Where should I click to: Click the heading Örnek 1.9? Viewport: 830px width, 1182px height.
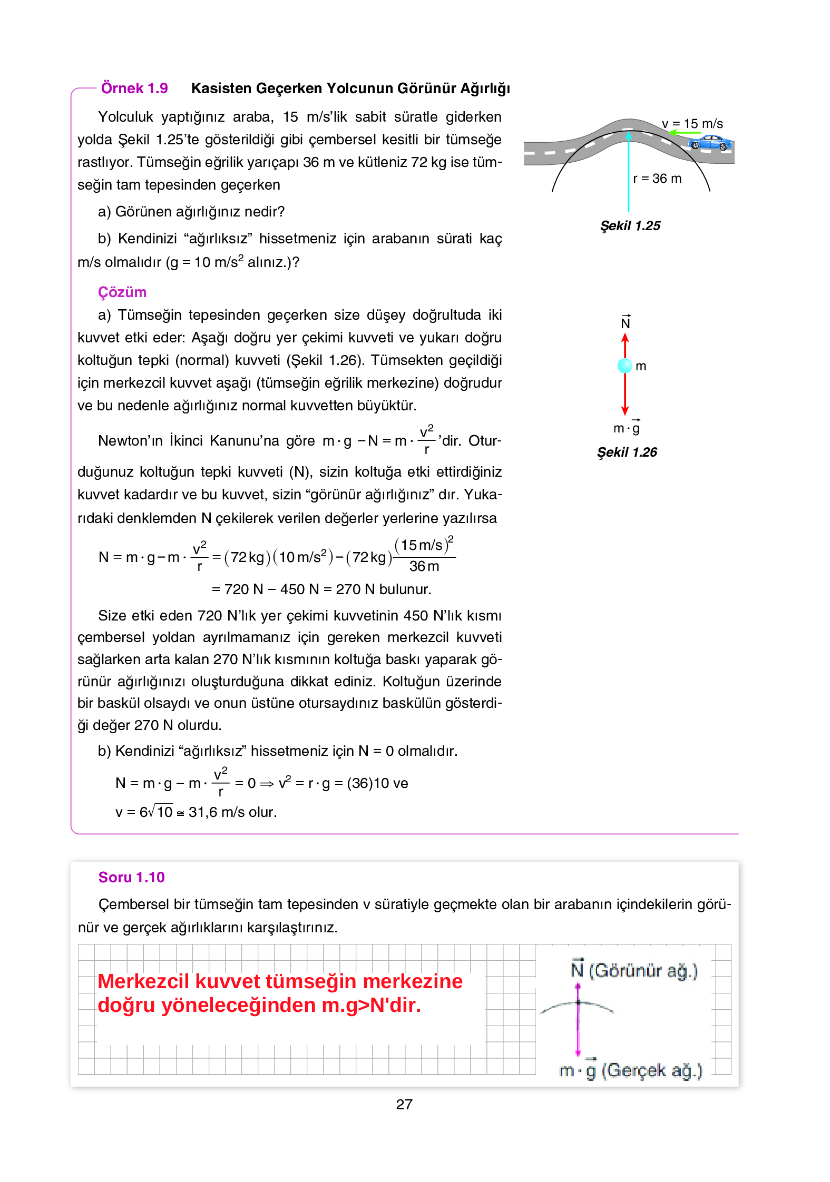tap(134, 88)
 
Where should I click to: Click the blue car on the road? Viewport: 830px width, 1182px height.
tap(710, 142)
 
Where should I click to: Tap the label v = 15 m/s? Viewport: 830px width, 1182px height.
tap(692, 124)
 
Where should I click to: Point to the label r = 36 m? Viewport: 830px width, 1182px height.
tap(657, 179)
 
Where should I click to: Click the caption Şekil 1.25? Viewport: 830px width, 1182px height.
tap(630, 226)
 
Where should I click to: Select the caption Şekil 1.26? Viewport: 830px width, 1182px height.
tap(627, 452)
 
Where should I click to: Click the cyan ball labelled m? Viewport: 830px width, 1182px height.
tap(624, 365)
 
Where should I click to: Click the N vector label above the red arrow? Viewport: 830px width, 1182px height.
tap(625, 323)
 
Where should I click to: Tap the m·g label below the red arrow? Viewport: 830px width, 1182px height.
tap(627, 428)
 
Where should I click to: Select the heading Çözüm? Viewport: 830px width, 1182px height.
tap(122, 292)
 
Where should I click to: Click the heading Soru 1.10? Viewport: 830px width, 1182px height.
tap(131, 877)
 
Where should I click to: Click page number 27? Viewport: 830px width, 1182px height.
tap(404, 1104)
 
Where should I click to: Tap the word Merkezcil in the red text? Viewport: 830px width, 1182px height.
tap(143, 981)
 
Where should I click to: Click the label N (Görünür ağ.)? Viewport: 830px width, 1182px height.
tap(634, 970)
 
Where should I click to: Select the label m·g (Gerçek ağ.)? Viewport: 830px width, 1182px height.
tap(630, 1070)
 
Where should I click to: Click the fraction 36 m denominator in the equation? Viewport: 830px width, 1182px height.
tap(424, 566)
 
